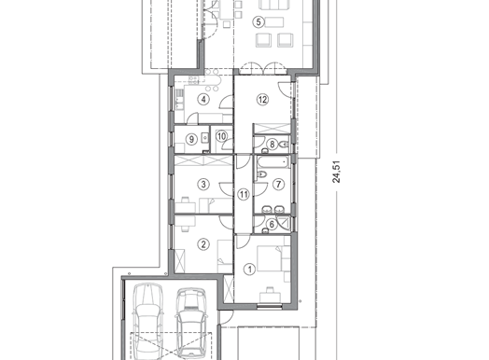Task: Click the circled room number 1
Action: (250, 270)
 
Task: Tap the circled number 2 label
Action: (203, 244)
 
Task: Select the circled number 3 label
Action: (203, 185)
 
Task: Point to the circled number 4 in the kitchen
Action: (203, 100)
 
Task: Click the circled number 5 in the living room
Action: (258, 21)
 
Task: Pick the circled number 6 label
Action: (272, 224)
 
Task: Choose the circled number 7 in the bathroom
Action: (278, 185)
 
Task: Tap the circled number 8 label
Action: (272, 145)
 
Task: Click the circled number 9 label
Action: (191, 139)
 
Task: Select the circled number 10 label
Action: (221, 136)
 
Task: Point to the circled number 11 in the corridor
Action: (244, 195)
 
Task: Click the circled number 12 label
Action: (262, 100)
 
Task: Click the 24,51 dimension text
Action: (337, 172)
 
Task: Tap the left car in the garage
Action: (147, 321)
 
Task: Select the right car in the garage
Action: (191, 323)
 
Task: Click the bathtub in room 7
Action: (273, 162)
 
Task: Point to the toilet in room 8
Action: (285, 145)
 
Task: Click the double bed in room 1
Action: (271, 258)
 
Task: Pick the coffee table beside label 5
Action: (274, 22)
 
